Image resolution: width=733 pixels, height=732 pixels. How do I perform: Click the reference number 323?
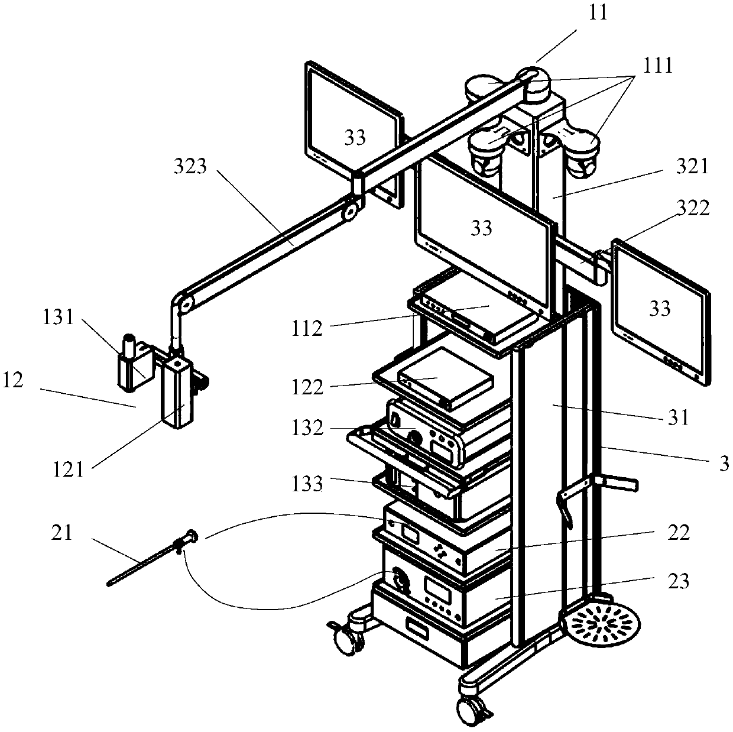(x=190, y=168)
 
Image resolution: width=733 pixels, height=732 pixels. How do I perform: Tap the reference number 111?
(x=659, y=66)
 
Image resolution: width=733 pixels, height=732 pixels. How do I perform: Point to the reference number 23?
(x=678, y=581)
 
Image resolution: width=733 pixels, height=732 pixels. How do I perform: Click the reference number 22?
(x=678, y=533)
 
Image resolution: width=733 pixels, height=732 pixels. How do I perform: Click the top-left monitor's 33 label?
(x=355, y=138)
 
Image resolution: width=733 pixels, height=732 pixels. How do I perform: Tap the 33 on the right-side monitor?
(x=660, y=309)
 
